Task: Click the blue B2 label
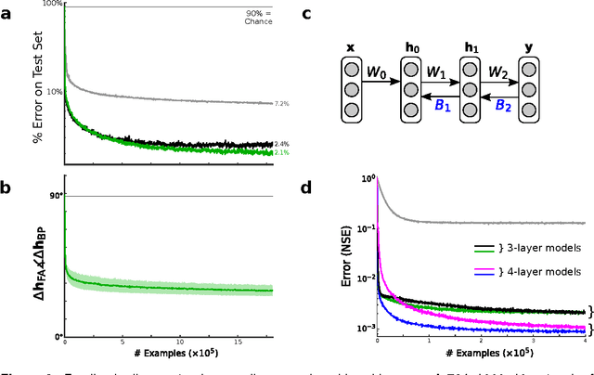(501, 106)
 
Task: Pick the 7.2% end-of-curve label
(281, 104)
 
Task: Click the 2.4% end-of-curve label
(281, 144)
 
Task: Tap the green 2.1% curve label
(281, 152)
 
